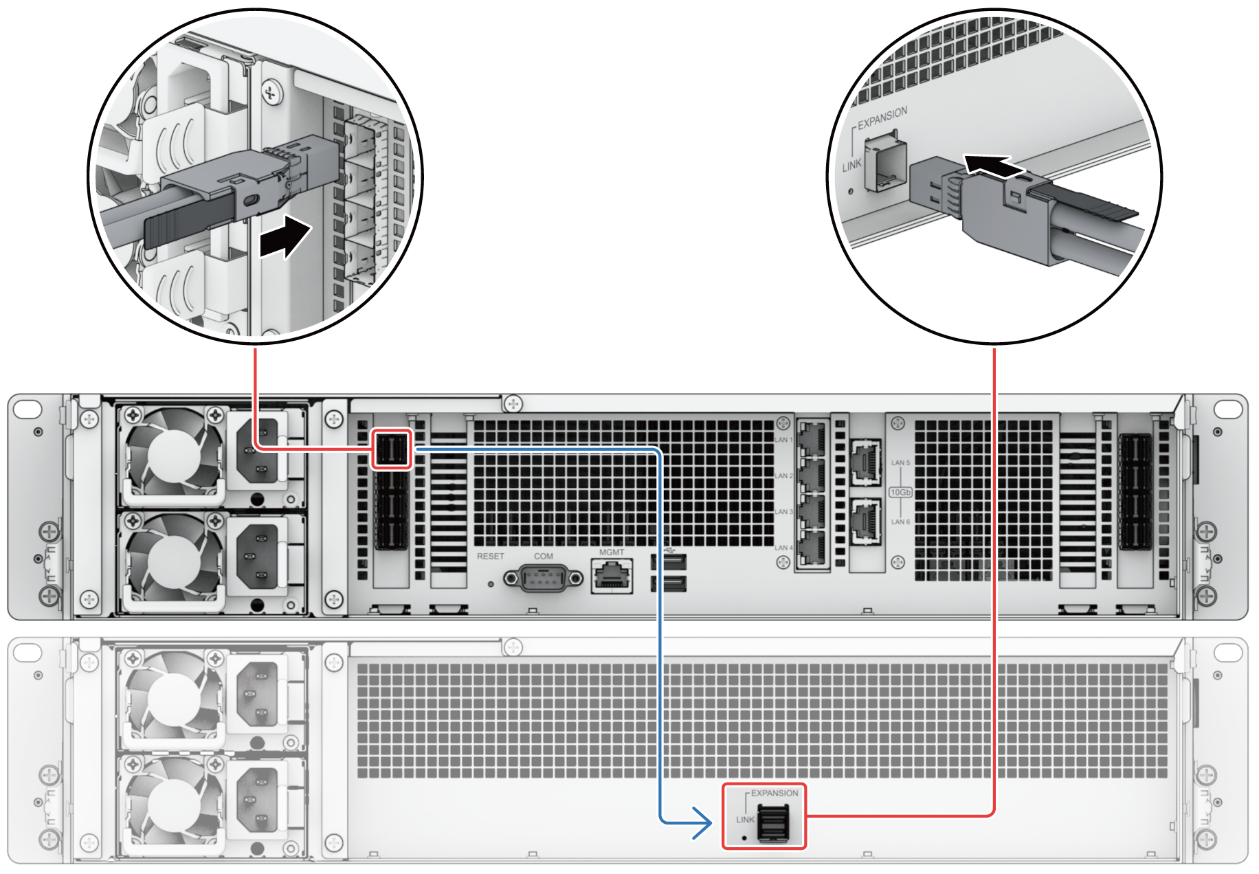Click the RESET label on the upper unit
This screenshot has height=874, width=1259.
490,556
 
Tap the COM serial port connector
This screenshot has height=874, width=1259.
543,579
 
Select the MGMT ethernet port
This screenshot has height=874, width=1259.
612,576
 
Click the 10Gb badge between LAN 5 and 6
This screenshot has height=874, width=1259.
900,492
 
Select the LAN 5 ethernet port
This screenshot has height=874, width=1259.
866,462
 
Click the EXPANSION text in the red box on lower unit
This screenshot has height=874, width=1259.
775,793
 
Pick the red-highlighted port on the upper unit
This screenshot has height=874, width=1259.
392,449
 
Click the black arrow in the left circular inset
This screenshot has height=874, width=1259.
285,237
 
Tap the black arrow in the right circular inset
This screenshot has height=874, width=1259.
992,166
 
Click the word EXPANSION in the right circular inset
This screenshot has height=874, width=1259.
882,117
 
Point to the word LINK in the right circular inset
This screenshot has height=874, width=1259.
851,166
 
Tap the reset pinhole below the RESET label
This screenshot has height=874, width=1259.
490,584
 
